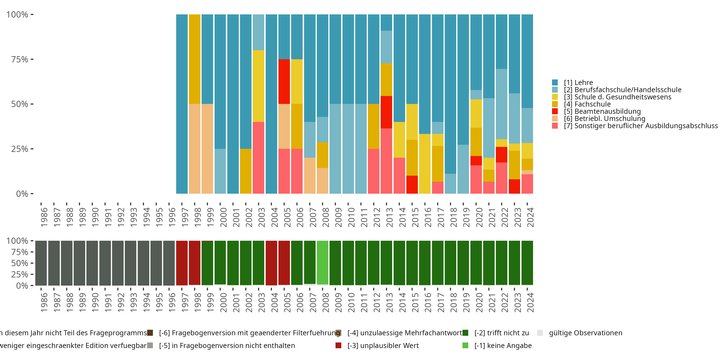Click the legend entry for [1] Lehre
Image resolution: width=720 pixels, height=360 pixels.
(578, 83)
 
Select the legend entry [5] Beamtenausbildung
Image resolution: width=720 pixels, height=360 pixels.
(602, 111)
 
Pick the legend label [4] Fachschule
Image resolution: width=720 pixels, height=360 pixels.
(587, 104)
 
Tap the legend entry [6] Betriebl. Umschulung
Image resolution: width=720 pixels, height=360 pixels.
(604, 119)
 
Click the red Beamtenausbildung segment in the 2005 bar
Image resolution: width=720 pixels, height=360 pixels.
(284, 81)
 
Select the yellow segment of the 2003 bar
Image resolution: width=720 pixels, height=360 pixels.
(258, 86)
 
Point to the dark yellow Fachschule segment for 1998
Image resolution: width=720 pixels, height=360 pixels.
(195, 59)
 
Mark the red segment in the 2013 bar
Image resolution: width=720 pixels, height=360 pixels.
(386, 112)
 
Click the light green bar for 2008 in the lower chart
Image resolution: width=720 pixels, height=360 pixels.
(323, 263)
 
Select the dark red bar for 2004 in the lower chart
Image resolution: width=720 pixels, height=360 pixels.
(271, 263)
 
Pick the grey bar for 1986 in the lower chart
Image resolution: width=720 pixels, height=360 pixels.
(41, 263)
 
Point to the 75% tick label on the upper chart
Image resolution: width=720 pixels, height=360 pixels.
(20, 59)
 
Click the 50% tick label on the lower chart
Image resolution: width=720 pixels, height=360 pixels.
(20, 263)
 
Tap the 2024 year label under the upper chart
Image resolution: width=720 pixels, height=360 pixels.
(530, 217)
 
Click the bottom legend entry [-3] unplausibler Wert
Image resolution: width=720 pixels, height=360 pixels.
(383, 345)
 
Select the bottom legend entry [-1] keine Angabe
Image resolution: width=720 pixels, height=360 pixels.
(503, 345)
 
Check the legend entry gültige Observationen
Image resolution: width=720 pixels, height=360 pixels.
(585, 333)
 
